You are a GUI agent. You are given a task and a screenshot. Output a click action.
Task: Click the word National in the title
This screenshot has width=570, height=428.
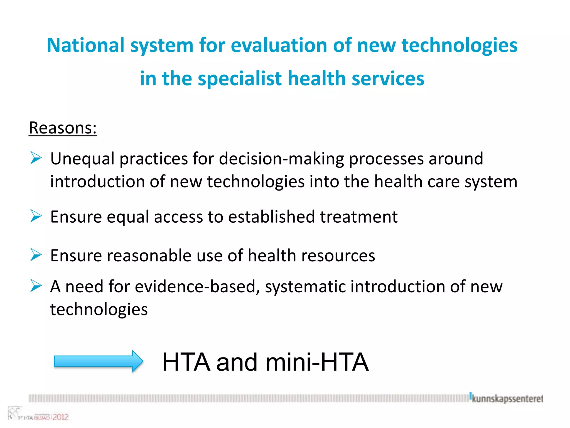tap(85, 45)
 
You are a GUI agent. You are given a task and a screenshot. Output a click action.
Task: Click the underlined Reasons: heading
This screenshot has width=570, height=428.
tap(63, 128)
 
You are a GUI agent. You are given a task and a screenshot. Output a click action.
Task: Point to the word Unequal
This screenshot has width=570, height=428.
tap(82, 159)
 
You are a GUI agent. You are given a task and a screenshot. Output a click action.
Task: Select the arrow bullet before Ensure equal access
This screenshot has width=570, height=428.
tap(36, 216)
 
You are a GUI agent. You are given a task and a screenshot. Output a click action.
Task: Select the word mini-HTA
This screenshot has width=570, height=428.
tap(317, 362)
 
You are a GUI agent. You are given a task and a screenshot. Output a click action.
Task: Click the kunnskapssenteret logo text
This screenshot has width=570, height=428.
tap(507, 399)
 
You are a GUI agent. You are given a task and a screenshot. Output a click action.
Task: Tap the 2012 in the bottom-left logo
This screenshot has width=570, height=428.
tap(60, 417)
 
